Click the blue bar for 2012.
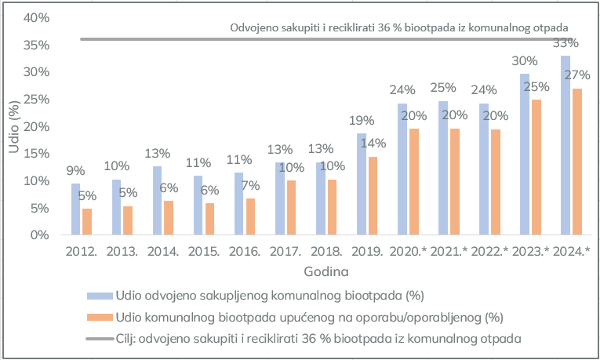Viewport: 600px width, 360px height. (x=75, y=209)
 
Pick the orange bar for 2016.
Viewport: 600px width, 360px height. (x=251, y=216)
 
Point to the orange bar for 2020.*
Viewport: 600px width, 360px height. (x=414, y=182)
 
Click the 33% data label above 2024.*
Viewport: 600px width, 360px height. (x=566, y=43)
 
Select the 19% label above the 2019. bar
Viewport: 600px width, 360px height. (x=362, y=122)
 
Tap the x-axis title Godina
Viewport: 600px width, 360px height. (x=326, y=271)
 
